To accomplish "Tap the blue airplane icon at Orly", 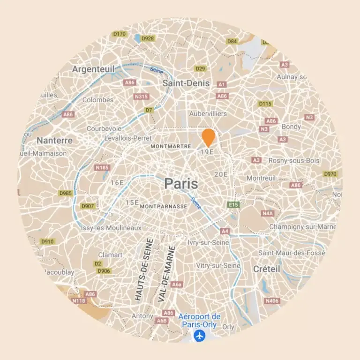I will [200, 336].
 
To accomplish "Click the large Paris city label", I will [181, 184].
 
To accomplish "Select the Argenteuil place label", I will [93, 69].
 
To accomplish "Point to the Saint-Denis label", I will [179, 83].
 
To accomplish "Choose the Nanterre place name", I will [55, 140].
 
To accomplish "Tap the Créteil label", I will [266, 269].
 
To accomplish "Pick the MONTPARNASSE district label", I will [164, 206].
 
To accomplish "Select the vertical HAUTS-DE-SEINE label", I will [144, 269].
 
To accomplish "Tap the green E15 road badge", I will [233, 205].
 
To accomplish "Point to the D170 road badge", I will [120, 34].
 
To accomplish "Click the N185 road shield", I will [102, 167].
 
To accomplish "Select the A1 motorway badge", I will [222, 84].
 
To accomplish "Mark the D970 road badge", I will [330, 174].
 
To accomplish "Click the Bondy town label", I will [291, 127].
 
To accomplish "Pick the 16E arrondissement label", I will [117, 183].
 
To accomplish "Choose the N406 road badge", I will [271, 300].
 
